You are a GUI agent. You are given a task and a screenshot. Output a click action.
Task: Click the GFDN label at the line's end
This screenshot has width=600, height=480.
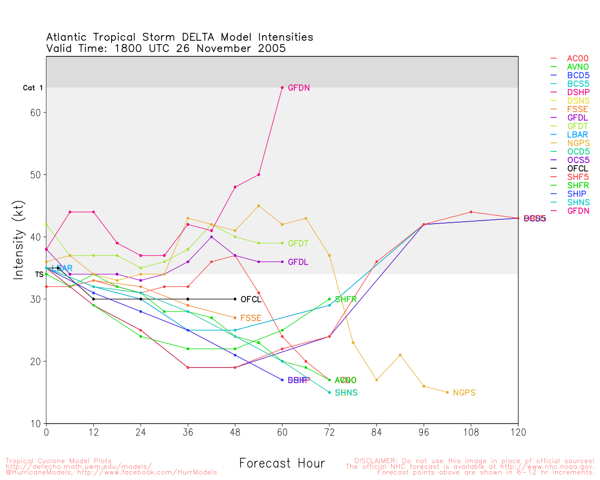[299, 88]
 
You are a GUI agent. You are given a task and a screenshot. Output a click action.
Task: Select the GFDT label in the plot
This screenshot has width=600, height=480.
[298, 243]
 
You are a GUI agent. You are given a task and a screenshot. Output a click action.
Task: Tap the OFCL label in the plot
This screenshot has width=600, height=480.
[251, 300]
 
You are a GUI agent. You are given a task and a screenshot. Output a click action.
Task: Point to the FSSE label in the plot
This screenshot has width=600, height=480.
[251, 318]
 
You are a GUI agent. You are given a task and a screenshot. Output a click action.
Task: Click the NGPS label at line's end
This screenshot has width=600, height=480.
[464, 393]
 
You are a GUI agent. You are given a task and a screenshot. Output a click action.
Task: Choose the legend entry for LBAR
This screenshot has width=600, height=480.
[577, 135]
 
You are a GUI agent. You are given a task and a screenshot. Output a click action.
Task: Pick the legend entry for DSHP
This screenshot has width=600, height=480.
[578, 92]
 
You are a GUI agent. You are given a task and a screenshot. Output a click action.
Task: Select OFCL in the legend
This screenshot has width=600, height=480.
[577, 169]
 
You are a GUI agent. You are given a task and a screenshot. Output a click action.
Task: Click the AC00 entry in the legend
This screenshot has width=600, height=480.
[577, 59]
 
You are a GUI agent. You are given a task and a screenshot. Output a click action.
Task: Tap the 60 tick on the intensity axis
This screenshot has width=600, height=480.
[36, 112]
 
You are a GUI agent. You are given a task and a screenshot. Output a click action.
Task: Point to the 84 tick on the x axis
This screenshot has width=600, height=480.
[376, 433]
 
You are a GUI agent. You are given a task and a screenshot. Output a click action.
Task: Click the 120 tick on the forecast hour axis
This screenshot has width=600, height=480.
[518, 433]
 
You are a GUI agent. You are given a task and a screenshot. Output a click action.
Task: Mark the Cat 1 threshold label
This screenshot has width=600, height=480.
[33, 88]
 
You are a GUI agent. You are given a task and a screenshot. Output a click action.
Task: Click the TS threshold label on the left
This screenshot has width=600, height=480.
[39, 274]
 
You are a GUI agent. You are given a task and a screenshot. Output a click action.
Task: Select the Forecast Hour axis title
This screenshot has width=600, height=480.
[282, 464]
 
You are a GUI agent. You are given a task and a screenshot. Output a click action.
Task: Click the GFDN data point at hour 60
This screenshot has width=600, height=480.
[282, 88]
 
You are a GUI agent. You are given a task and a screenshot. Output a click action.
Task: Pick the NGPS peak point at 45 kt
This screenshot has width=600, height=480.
[259, 206]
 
